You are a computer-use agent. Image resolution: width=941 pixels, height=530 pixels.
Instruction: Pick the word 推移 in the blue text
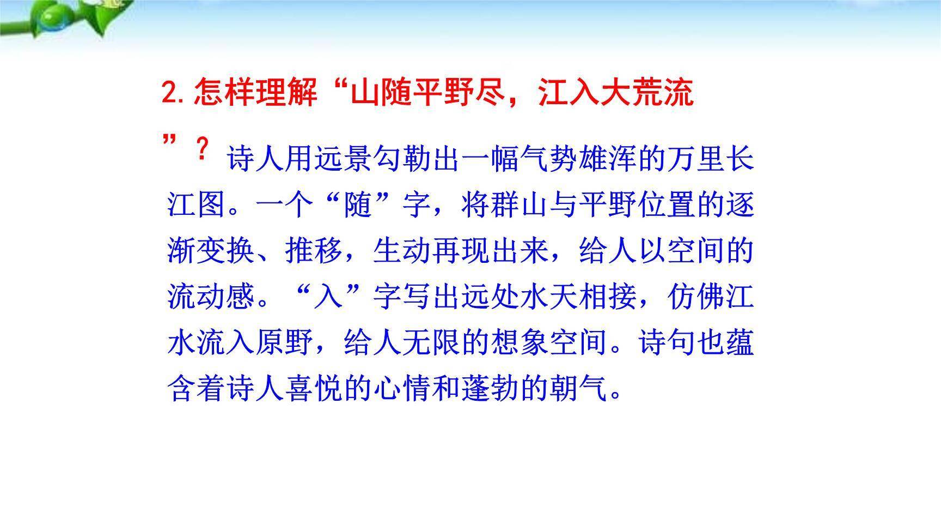(x=314, y=251)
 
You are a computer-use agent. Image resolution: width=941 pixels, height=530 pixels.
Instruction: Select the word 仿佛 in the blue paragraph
(x=696, y=297)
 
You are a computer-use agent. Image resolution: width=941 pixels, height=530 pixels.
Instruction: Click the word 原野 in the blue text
(x=285, y=344)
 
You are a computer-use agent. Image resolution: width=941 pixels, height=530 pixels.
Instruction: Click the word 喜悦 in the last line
(x=314, y=389)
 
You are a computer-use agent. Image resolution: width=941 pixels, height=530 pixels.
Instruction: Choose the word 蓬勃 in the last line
(x=491, y=389)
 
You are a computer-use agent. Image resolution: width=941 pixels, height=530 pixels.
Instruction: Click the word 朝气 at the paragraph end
(x=579, y=389)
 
